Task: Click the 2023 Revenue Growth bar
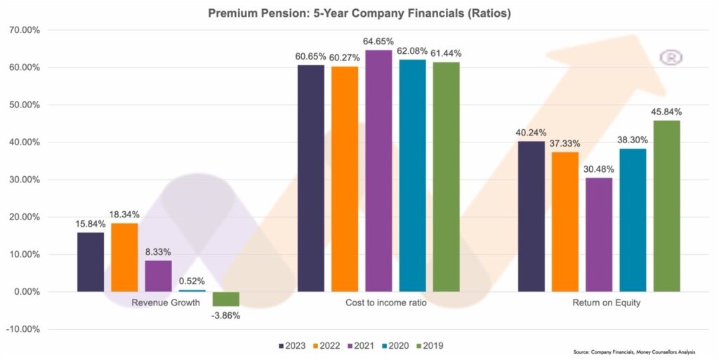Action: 91,262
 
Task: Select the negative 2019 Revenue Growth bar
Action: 226,299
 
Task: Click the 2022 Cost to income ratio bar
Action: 345,179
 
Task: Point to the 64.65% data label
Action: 379,42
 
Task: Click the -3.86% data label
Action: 225,316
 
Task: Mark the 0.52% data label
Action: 192,281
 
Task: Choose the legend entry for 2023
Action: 290,345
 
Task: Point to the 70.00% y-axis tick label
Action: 23,31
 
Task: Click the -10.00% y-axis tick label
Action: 23,329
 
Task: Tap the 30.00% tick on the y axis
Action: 23,180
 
